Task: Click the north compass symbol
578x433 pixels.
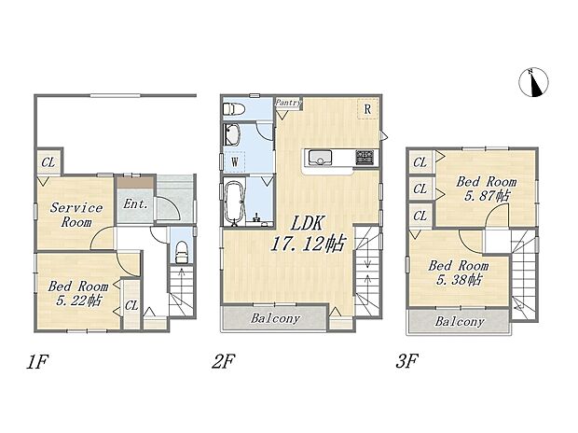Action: click(533, 83)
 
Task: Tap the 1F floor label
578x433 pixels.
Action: click(37, 361)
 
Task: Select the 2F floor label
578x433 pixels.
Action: click(224, 361)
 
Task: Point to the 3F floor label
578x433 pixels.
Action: click(407, 361)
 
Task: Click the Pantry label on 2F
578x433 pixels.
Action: click(289, 103)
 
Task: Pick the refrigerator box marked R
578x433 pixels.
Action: click(367, 109)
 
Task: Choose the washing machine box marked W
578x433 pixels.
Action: click(234, 161)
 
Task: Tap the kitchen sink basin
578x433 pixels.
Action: click(320, 158)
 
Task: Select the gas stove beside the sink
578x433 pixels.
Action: click(365, 158)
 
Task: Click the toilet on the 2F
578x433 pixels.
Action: click(234, 109)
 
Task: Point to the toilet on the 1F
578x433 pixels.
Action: click(182, 252)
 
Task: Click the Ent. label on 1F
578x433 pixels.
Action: click(135, 203)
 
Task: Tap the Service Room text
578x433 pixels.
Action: click(76, 215)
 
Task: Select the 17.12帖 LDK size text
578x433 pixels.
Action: click(308, 244)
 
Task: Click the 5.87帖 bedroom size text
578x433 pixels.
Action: click(487, 195)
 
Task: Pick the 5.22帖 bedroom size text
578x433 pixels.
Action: click(78, 300)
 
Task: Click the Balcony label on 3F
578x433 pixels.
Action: click(460, 322)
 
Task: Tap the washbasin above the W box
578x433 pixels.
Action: click(232, 134)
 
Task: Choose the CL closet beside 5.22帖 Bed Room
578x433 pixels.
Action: click(131, 305)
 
